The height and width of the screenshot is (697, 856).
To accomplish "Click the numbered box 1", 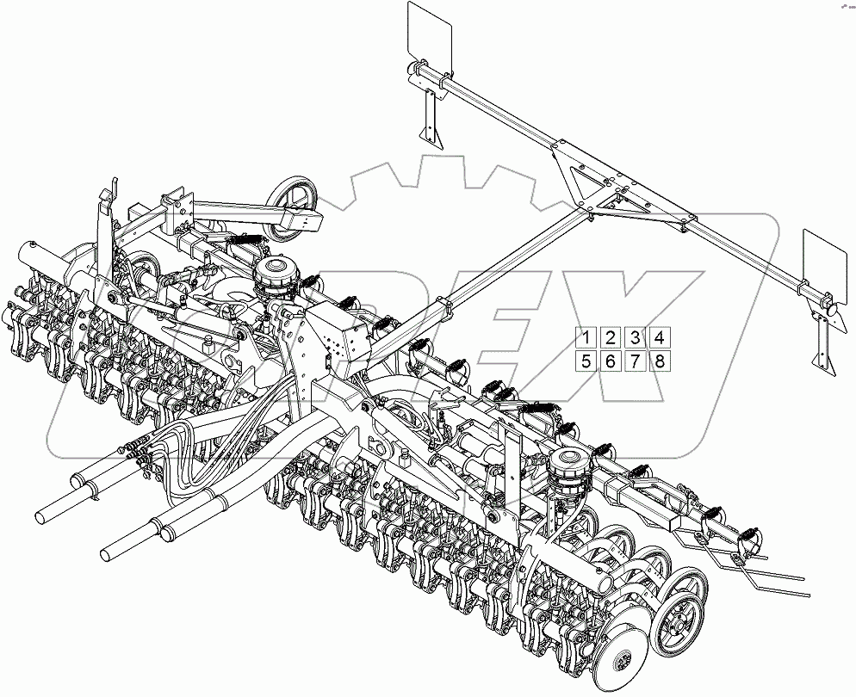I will click(x=585, y=338).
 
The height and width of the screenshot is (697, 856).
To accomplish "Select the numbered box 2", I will click(x=610, y=338).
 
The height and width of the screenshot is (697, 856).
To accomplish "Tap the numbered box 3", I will click(x=635, y=338).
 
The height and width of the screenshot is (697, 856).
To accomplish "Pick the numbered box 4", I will click(x=659, y=338).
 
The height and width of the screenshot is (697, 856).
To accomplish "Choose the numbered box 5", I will click(x=585, y=361).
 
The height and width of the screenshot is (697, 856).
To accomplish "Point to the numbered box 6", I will click(x=610, y=361).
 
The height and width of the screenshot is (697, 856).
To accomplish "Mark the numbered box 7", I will click(x=635, y=361).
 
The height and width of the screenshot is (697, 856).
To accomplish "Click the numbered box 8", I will click(x=659, y=361).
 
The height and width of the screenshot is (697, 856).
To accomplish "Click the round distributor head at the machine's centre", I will click(x=277, y=274).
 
